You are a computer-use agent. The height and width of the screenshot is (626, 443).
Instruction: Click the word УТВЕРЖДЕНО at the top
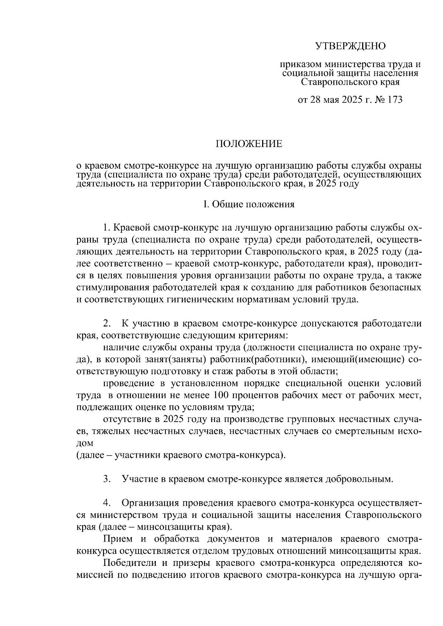350,46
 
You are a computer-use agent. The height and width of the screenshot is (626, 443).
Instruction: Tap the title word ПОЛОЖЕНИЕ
248,144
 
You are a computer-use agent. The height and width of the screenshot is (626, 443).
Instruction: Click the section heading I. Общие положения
249,204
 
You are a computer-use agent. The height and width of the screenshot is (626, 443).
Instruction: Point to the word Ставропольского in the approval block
339,82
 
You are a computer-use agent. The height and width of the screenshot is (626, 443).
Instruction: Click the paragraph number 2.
107,324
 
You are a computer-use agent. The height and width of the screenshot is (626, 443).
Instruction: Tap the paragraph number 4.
107,503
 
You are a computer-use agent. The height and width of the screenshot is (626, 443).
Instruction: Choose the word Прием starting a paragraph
118,539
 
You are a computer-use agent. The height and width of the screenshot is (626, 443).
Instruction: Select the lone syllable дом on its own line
85,443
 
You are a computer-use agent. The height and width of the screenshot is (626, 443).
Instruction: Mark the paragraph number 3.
107,480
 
